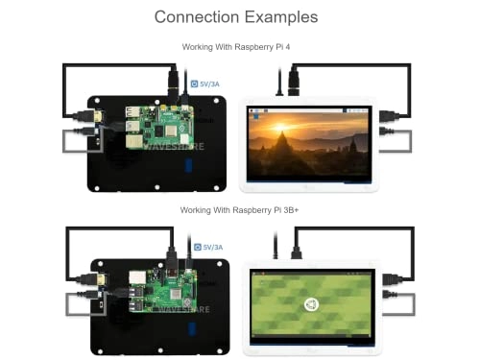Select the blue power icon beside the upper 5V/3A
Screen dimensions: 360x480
point(195,84)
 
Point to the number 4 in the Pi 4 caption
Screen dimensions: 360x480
point(293,46)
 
